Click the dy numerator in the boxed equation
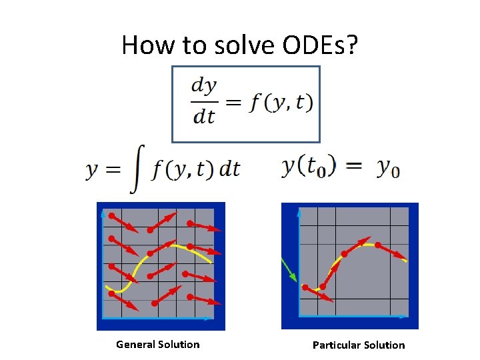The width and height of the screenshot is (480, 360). pyautogui.click(x=204, y=86)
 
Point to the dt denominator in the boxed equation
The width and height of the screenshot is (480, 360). pyautogui.click(x=204, y=116)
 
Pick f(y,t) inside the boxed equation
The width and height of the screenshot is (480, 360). pyautogui.click(x=281, y=101)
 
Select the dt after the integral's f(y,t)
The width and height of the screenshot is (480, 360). pyautogui.click(x=229, y=169)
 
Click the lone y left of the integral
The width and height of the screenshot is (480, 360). pyautogui.click(x=93, y=171)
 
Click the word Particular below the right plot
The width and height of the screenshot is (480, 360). pyautogui.click(x=337, y=345)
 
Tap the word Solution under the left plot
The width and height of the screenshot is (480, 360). pyautogui.click(x=179, y=345)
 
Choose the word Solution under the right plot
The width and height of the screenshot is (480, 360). pyautogui.click(x=384, y=345)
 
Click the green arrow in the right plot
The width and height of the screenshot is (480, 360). pyautogui.click(x=289, y=271)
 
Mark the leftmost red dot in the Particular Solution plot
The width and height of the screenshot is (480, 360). pyautogui.click(x=305, y=287)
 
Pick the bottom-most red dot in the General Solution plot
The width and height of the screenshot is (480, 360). pyautogui.click(x=155, y=303)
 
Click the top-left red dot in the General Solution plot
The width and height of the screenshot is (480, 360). pyautogui.click(x=112, y=215)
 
